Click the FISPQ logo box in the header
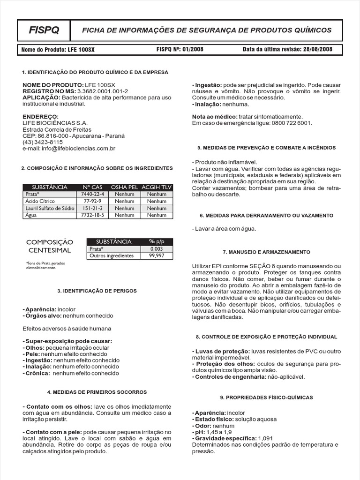pyautogui.click(x=44, y=30)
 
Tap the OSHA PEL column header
pyautogui.click(x=124, y=187)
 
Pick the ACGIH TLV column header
pyautogui.click(x=157, y=187)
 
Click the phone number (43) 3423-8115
pyautogui.click(x=43, y=142)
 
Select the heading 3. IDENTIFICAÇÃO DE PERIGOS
pyautogui.click(x=97, y=291)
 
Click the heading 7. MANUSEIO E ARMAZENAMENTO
pyautogui.click(x=266, y=252)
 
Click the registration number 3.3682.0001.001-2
pyautogui.click(x=102, y=90)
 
